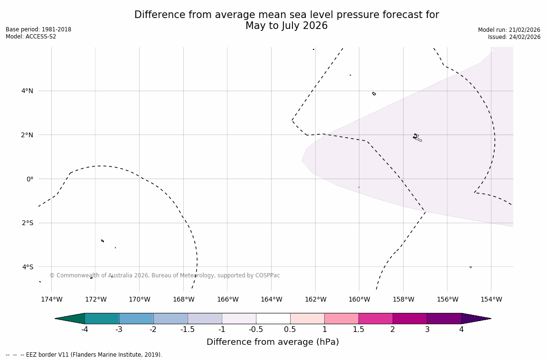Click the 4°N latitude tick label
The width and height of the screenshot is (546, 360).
(x=27, y=91)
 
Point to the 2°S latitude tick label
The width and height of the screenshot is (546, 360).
(x=27, y=223)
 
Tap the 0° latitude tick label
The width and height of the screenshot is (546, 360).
(x=29, y=179)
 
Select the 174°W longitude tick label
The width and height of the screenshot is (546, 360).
(x=51, y=299)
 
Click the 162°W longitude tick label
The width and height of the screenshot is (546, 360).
(x=315, y=299)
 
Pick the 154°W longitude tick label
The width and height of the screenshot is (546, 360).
(x=491, y=299)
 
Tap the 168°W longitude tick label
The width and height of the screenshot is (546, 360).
(x=183, y=299)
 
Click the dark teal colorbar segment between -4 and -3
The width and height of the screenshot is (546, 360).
(x=102, y=319)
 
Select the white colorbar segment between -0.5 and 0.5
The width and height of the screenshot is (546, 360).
(x=273, y=319)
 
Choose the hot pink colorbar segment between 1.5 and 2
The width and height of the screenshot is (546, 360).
(x=375, y=319)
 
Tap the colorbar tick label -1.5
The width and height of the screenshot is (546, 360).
(x=187, y=330)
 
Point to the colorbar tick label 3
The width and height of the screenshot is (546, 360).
(x=427, y=330)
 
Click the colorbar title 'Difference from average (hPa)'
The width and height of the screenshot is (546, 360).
(x=273, y=342)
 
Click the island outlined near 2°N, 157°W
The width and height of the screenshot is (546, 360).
(x=416, y=137)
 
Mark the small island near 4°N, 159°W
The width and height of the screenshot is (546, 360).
(x=374, y=94)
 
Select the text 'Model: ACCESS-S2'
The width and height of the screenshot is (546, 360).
(x=31, y=37)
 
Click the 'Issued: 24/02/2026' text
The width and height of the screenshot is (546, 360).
(x=514, y=37)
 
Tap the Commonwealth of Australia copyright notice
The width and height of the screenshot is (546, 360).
(x=165, y=275)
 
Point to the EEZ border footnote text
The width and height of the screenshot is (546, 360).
(x=84, y=355)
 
